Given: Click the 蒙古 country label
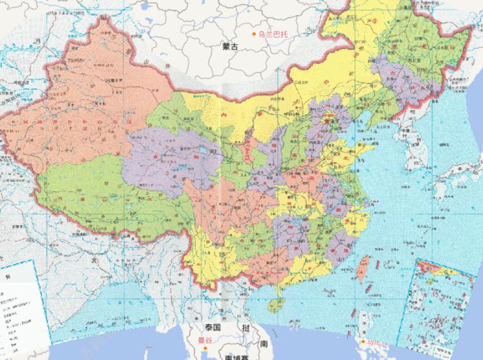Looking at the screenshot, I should (231, 47).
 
